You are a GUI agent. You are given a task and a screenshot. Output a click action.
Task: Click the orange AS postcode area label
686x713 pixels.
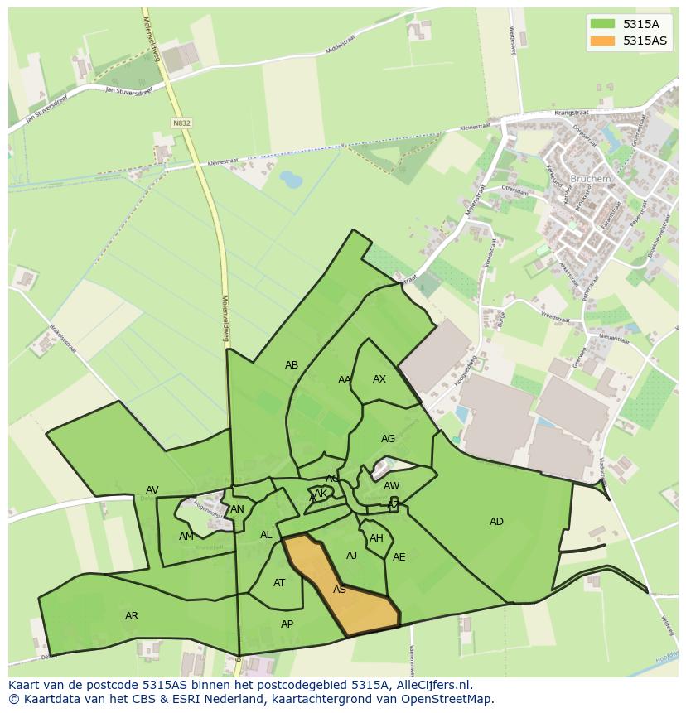pos(339,590)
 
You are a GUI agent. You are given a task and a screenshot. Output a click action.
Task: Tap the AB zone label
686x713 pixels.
pos(292,365)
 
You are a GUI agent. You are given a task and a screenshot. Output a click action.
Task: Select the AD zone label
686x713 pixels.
pos(496,522)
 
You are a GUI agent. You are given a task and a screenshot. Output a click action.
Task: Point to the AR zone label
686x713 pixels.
pos(132,616)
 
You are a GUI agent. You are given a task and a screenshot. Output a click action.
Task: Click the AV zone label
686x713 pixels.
pos(152,490)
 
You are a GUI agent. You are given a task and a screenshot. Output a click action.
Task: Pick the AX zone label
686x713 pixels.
pos(379,379)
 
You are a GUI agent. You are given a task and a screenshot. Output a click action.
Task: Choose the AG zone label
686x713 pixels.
pos(388,439)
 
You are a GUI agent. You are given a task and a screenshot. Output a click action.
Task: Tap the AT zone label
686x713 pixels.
pos(279,583)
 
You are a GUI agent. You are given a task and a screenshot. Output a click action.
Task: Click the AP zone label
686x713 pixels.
pos(287,624)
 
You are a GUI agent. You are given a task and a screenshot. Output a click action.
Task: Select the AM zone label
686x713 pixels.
pos(186,537)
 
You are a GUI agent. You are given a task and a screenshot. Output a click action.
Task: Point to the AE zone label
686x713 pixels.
pos(399,557)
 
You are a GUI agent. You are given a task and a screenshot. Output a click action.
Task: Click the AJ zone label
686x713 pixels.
pos(351,556)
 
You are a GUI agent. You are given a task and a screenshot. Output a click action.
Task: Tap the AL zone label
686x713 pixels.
pos(266,535)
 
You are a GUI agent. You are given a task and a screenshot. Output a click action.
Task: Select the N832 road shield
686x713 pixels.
pos(181,123)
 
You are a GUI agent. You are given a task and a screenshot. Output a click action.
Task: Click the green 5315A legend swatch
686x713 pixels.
pos(602,24)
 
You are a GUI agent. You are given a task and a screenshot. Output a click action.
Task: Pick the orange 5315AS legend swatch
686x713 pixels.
pos(602,41)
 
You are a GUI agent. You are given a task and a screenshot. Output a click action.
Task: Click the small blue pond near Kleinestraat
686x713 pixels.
pos(291,178)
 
